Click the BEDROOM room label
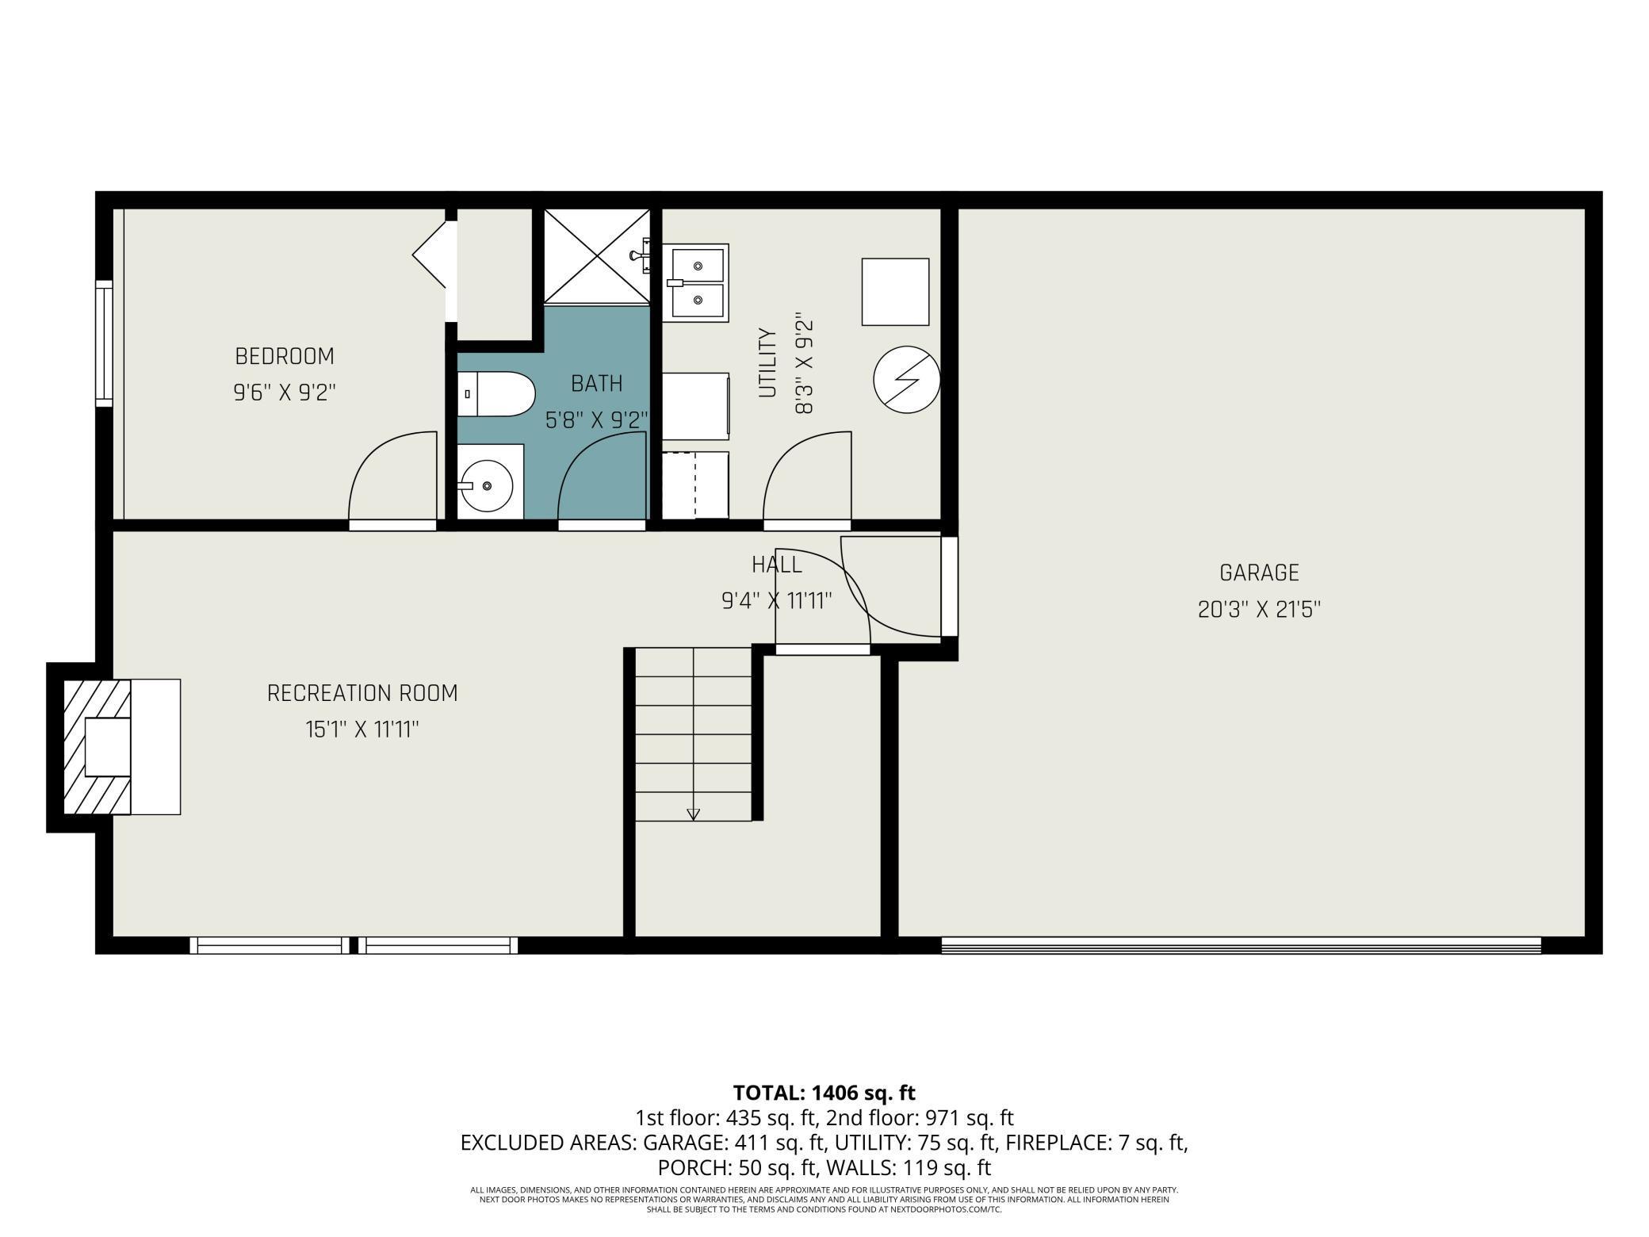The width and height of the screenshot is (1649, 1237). coord(285,356)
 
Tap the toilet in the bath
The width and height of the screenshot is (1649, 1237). coord(496,394)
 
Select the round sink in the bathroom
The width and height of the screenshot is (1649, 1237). coord(486,484)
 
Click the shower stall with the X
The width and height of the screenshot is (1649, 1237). coord(597,255)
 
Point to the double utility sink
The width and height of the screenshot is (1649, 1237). coord(695,283)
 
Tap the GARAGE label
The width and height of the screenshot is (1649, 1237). coord(1259,573)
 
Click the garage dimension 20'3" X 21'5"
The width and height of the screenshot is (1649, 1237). coord(1259,609)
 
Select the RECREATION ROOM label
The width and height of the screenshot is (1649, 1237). coord(362,693)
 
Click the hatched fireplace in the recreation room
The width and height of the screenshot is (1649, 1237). coord(97,747)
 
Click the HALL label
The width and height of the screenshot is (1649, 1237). coord(777,565)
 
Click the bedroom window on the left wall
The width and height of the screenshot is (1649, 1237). coord(104,343)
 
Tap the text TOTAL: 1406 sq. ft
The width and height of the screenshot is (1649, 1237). coord(824,1093)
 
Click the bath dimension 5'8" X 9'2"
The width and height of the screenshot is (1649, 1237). coord(597,419)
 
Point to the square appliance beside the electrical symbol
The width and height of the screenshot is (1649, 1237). coord(895,292)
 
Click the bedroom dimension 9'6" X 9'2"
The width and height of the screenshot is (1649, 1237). coord(285,393)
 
